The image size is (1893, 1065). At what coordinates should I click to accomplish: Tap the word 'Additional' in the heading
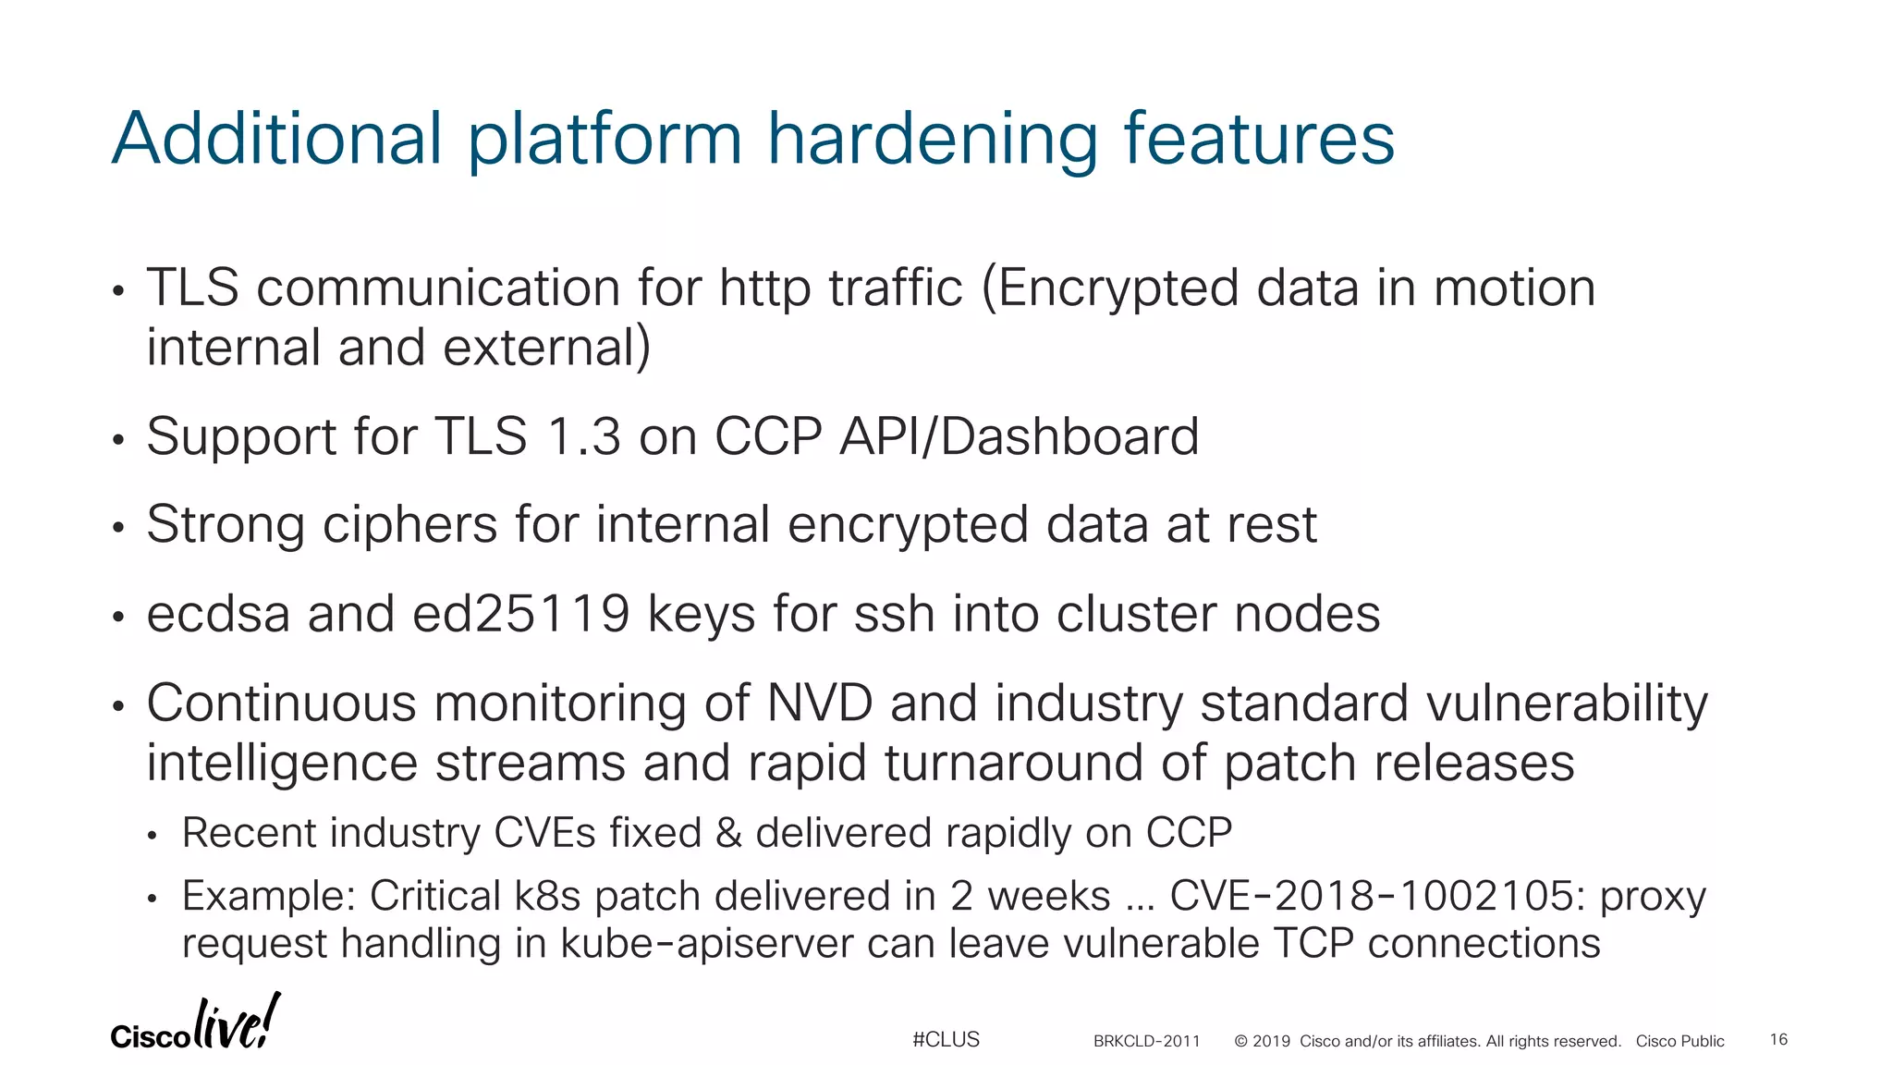point(277,139)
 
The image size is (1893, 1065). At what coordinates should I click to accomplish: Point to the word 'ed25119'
point(521,614)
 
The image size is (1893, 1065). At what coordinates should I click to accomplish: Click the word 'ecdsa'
point(218,614)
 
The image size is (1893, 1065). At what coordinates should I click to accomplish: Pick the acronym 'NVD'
point(820,704)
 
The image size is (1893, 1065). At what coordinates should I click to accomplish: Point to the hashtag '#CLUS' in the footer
point(946,1039)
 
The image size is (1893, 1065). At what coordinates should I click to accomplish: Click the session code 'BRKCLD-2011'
point(1146,1041)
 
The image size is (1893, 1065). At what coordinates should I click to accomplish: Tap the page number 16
point(1778,1039)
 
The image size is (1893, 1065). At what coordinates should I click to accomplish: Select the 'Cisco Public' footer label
point(1679,1041)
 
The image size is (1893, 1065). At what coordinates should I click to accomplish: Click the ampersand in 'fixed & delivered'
point(728,833)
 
